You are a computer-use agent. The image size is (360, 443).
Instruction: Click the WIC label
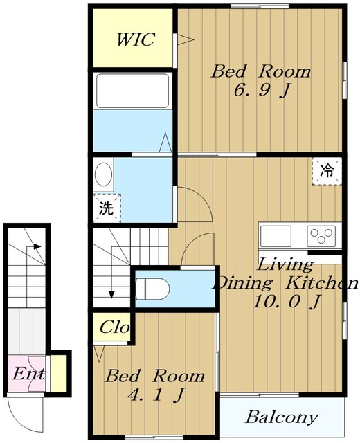click(x=136, y=39)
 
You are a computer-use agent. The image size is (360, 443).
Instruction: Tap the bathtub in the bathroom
click(x=132, y=91)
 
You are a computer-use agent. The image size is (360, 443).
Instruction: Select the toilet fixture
click(x=152, y=289)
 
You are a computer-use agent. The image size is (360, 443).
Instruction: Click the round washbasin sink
click(x=103, y=174)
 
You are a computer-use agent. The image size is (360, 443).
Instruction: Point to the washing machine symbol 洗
click(x=107, y=208)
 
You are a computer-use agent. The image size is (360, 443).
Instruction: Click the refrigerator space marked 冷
click(x=327, y=171)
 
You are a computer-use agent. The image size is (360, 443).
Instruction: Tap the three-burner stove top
click(x=321, y=236)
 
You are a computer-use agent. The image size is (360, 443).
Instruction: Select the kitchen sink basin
click(x=276, y=236)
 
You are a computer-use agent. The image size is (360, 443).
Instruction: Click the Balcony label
click(x=282, y=417)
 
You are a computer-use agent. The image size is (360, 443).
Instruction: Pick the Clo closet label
click(x=114, y=327)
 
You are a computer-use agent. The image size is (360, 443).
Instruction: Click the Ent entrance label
click(x=28, y=374)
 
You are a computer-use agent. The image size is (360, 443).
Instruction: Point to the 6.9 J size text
click(x=262, y=91)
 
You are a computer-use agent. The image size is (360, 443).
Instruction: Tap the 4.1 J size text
click(x=156, y=395)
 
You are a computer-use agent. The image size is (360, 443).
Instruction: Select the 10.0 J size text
click(x=286, y=302)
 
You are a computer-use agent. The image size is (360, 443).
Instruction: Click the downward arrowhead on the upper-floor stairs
click(x=112, y=295)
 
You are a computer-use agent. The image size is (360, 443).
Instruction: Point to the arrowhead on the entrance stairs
click(x=37, y=246)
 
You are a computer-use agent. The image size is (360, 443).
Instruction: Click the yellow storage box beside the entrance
click(x=58, y=374)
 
